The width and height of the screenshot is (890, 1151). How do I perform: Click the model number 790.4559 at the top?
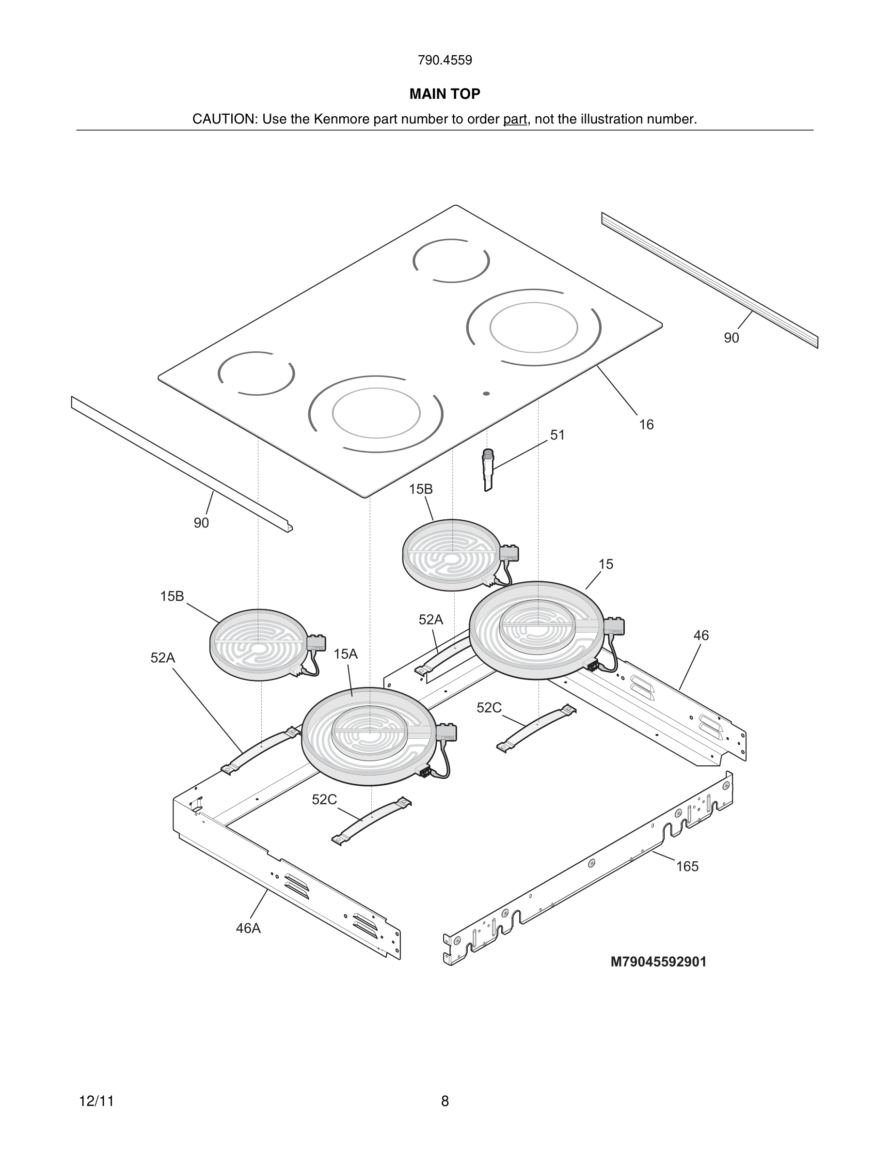pyautogui.click(x=445, y=60)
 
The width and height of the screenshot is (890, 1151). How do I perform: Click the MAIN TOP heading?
pyautogui.click(x=445, y=94)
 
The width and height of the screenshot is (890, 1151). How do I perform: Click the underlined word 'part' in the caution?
pyautogui.click(x=515, y=119)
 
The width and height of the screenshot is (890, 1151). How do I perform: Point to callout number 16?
pyautogui.click(x=646, y=425)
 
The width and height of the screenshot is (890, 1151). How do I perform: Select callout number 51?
pyautogui.click(x=557, y=435)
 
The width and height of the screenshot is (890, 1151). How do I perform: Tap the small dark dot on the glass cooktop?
pyautogui.click(x=486, y=394)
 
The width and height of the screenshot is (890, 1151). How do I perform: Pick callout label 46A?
pyautogui.click(x=248, y=928)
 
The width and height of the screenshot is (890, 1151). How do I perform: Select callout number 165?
pyautogui.click(x=687, y=867)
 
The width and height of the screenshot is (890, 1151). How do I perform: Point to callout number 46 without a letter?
pyautogui.click(x=701, y=636)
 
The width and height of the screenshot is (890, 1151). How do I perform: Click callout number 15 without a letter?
pyautogui.click(x=606, y=564)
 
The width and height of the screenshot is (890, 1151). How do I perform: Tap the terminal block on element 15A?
pyautogui.click(x=446, y=732)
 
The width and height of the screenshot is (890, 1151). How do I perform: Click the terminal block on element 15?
pyautogui.click(x=614, y=626)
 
